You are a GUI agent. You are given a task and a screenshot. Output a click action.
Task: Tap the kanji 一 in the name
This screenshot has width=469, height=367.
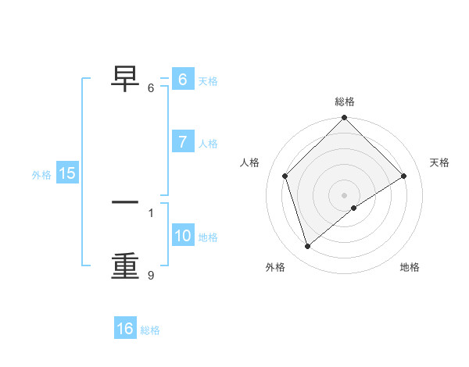(125, 202)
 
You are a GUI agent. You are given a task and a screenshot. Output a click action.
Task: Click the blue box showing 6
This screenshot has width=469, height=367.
(182, 80)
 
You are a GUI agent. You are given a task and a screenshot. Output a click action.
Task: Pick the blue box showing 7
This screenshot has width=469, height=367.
(182, 142)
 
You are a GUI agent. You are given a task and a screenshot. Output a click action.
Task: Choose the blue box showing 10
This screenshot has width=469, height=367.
(182, 236)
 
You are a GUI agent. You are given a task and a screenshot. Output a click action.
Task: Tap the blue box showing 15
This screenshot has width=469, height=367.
(67, 173)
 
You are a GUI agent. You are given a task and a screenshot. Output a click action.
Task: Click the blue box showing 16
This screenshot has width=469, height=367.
(125, 329)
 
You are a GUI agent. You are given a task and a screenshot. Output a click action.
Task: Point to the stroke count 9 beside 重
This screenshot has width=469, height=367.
(151, 275)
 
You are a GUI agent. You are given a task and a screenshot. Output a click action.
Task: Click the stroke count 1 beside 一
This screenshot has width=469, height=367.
(151, 212)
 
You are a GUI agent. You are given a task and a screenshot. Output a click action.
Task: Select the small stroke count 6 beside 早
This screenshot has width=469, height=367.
(151, 87)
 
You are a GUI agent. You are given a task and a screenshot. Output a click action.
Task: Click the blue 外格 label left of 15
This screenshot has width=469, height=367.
(41, 175)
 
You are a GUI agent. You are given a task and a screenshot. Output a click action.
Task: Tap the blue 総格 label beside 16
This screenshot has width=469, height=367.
(150, 330)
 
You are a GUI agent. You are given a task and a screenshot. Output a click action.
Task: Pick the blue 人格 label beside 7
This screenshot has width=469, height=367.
(208, 144)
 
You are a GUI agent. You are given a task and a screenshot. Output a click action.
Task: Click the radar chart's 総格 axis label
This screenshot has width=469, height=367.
(345, 102)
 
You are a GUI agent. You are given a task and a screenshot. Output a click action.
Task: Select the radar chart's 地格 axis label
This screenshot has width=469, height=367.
(410, 268)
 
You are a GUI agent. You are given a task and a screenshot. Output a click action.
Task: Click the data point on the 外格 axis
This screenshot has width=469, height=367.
(308, 247)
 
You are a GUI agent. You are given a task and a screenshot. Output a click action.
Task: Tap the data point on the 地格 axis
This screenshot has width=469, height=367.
(354, 208)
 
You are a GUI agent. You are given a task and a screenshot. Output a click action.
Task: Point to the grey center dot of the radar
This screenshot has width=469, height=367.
(344, 195)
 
